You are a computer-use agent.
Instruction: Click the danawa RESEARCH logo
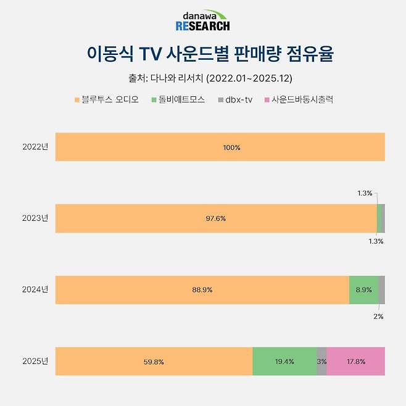click(x=202, y=21)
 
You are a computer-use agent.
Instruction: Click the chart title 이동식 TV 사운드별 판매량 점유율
click(x=202, y=54)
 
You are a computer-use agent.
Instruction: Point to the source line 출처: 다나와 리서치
click(x=202, y=78)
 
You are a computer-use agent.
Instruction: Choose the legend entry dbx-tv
click(x=235, y=99)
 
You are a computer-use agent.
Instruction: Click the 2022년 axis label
click(x=35, y=147)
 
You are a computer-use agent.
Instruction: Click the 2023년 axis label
click(x=35, y=218)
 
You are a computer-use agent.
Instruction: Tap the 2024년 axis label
click(x=35, y=289)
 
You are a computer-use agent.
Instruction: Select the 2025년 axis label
click(x=35, y=361)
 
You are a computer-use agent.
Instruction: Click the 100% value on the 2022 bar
click(x=232, y=147)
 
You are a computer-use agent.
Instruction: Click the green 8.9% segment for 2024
click(x=363, y=290)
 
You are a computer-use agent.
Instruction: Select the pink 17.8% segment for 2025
click(x=355, y=361)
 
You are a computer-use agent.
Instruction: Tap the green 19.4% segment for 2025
click(x=284, y=361)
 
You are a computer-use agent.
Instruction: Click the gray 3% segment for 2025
click(x=321, y=361)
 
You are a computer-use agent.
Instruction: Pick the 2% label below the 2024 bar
click(x=378, y=316)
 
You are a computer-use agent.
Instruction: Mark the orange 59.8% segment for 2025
click(x=154, y=361)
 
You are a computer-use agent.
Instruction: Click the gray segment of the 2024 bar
click(x=381, y=290)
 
